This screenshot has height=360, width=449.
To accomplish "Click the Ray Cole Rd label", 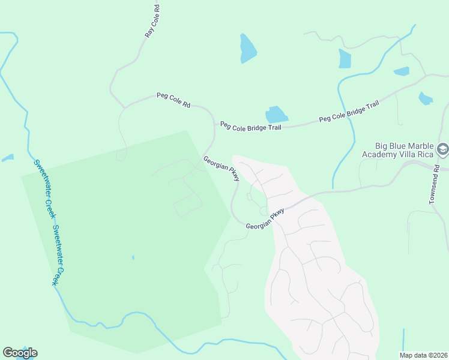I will click(154, 21).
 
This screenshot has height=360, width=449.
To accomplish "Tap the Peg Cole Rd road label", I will click(173, 100).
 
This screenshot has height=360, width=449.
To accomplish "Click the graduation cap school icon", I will click(443, 149).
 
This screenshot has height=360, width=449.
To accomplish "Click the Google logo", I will click(20, 353).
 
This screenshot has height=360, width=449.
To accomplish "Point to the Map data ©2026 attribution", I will click(423, 355).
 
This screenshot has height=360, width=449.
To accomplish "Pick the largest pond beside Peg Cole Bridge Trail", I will click(276, 115).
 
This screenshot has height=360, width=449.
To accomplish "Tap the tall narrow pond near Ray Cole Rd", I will click(247, 49).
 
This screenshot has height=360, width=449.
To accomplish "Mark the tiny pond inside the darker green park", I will click(133, 258).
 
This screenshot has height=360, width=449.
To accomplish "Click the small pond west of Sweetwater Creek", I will click(7, 158).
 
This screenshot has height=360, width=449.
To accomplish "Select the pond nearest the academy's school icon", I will click(426, 98).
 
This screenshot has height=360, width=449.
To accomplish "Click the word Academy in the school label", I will click(382, 155).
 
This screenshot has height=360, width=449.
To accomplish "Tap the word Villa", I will click(412, 155).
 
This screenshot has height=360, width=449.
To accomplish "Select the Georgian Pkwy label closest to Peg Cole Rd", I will click(221, 169).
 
